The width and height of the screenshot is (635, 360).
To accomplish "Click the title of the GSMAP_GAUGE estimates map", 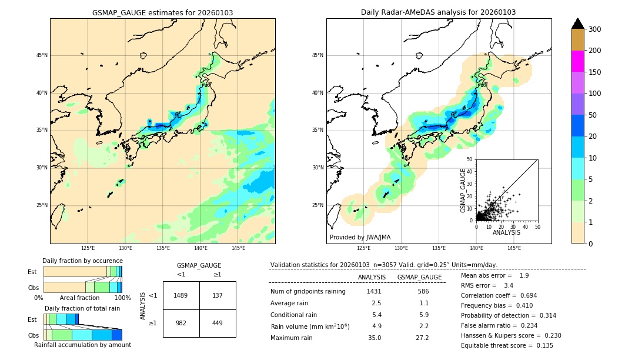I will coord(162,12).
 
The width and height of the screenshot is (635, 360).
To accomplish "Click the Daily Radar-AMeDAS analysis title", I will coord(439,12).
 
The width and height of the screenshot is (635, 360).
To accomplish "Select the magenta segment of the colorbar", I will coord(577,61).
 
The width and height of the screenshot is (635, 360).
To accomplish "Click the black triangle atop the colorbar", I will coord(577,24).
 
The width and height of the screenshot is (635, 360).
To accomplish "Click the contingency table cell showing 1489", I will coord(181,295).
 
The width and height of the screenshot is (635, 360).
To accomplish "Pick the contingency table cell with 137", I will coord(218,295).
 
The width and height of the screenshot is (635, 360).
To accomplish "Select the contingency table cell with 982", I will coord(181,323).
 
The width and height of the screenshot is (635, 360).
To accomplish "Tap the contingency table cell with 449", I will coord(218,323).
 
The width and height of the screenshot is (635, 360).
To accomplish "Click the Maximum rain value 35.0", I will coord(375,338).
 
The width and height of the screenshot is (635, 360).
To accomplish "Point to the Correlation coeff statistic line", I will coord(499,296).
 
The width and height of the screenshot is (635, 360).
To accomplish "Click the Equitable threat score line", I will coord(507,345).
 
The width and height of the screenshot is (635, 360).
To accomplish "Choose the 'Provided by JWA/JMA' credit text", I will coord(360,238).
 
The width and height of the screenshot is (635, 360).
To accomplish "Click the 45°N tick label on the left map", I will coord(41,55).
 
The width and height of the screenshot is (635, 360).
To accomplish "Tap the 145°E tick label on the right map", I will coord(514,248).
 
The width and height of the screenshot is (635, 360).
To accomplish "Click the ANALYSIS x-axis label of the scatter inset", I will coord(506,232).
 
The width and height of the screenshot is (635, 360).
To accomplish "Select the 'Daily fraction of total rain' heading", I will coord(82,308).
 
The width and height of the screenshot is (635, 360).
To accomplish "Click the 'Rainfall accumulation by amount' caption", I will coord(82,345).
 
